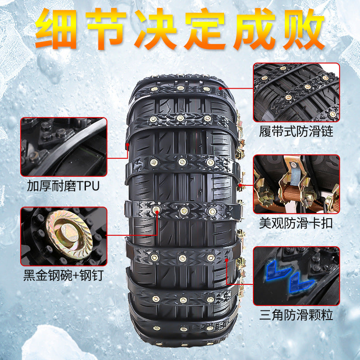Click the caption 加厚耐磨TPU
[x=63, y=186]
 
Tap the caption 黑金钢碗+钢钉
[x=63, y=275]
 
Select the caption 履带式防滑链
[x=296, y=131]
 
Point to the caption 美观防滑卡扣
[x=296, y=223]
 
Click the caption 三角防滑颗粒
[x=296, y=315]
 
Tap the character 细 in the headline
[x=56, y=29]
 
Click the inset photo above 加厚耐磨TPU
[x=64, y=147]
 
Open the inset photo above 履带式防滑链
[x=297, y=92]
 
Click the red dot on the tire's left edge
[x=128, y=144]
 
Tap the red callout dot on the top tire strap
[x=220, y=88]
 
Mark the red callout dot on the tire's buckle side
[x=240, y=185]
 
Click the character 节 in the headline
[x=106, y=29]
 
